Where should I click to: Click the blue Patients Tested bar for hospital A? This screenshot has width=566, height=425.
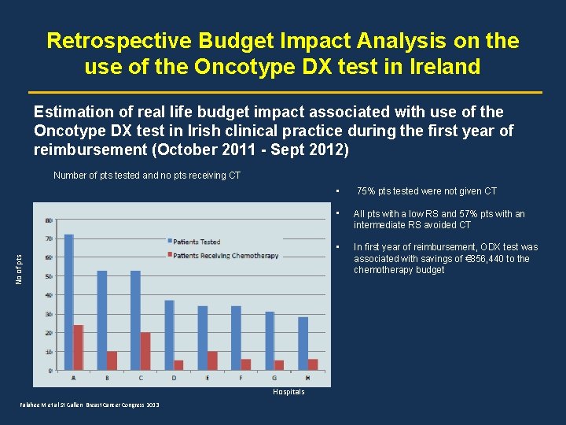tap(69, 302)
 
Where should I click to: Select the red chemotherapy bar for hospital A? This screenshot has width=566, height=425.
tap(79, 347)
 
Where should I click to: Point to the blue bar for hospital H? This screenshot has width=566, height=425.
tap(303, 343)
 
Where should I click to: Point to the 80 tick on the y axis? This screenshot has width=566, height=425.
tap(49, 220)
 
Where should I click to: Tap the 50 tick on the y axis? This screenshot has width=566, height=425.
tap(49, 276)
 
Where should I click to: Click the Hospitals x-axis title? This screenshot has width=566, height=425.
tap(289, 392)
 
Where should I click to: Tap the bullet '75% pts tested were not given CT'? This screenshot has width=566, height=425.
tap(427, 191)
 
